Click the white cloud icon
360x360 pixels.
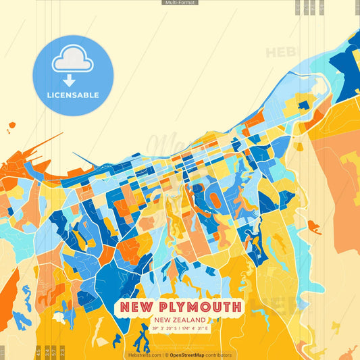[x=72, y=59]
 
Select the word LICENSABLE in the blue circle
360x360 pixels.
[x=72, y=95]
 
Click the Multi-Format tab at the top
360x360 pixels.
[x=180, y=3]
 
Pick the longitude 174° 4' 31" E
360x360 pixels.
[x=196, y=328]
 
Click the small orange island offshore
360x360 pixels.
[x=11, y=125]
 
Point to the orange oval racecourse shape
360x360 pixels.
[x=214, y=200]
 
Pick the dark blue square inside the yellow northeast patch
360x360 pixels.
[x=303, y=105]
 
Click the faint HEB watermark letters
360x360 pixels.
[x=279, y=53]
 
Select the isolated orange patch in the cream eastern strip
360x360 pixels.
[x=313, y=226]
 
